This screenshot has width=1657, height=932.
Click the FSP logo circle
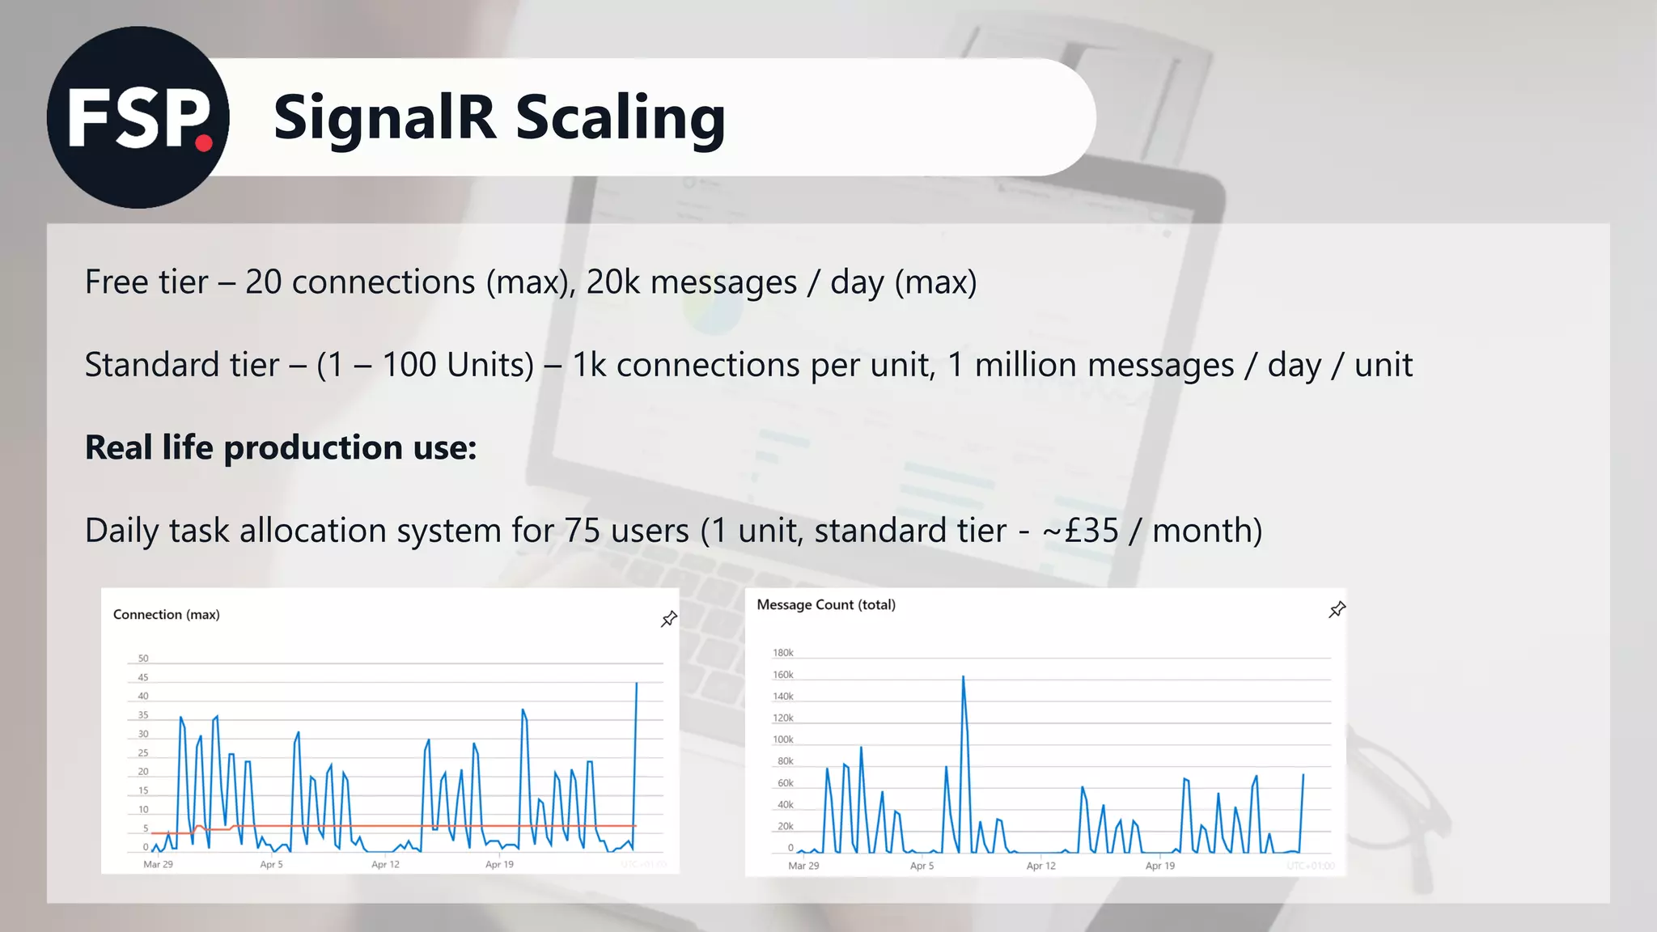tap(138, 117)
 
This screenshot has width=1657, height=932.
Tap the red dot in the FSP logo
tap(204, 144)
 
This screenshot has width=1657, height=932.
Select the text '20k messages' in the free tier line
tap(691, 282)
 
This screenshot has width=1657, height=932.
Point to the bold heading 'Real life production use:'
tap(281, 447)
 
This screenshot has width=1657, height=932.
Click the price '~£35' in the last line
tap(1080, 531)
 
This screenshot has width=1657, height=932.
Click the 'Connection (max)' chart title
tap(166, 615)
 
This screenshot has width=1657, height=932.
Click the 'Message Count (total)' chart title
tap(826, 605)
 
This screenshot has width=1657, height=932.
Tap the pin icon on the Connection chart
tap(669, 619)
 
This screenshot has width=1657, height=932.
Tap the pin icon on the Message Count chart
tap(1337, 610)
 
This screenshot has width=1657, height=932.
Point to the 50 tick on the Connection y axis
tap(143, 659)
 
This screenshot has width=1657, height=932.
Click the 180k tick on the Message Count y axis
tap(782, 653)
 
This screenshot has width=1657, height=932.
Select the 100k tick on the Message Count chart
tap(782, 739)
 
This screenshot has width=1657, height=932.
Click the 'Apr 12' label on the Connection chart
tap(385, 865)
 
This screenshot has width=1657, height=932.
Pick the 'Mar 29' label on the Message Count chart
tap(803, 866)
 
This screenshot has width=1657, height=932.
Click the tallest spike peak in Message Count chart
tap(963, 677)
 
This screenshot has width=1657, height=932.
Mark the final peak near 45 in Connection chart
tap(637, 684)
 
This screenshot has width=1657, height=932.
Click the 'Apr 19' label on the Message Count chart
tap(1159, 866)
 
